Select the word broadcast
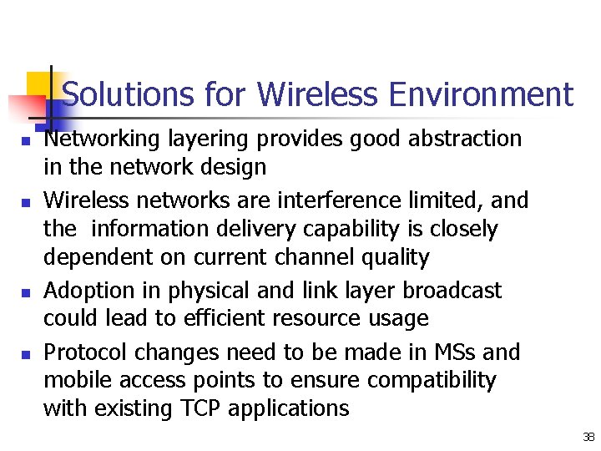(x=452, y=291)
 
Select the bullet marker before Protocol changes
(x=27, y=355)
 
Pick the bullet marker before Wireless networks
(x=27, y=203)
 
